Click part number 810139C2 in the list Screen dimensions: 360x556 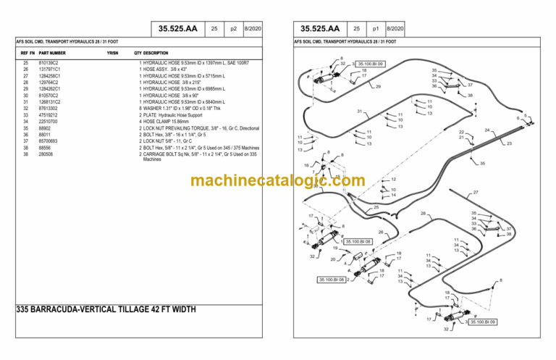click(x=49, y=63)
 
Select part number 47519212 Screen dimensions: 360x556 click(x=49, y=114)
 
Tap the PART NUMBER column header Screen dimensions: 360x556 click(x=52, y=53)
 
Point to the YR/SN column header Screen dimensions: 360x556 click(x=112, y=53)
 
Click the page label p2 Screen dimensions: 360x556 click(x=234, y=29)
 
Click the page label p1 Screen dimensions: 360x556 click(x=376, y=29)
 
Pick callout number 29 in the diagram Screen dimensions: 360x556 click(x=378, y=87)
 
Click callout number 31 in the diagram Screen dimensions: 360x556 click(x=359, y=111)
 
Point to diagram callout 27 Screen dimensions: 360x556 click(x=476, y=192)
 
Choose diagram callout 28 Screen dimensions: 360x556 click(x=423, y=213)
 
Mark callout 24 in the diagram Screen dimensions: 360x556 click(x=487, y=130)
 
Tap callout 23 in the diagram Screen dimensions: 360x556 click(x=509, y=143)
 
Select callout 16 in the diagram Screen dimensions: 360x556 click(x=306, y=166)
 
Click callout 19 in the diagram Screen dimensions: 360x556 click(x=335, y=248)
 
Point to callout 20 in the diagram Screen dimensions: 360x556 click(x=333, y=259)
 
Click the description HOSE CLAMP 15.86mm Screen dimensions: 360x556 click(x=169, y=121)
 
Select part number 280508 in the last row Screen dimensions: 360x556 click(x=47, y=154)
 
